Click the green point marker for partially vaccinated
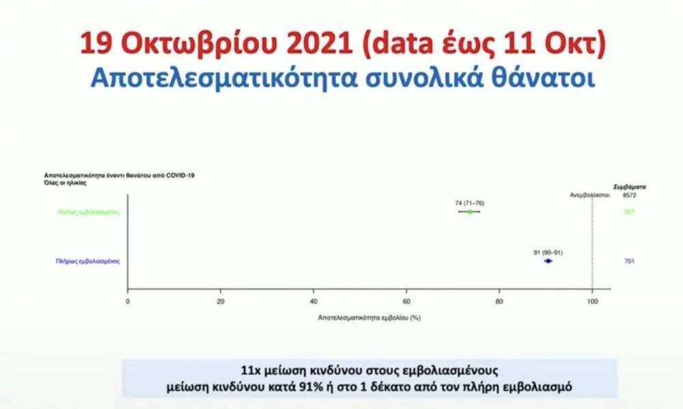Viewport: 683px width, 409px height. [469, 212]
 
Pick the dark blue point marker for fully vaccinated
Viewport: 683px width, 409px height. [548, 261]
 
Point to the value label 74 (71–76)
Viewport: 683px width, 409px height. [470, 203]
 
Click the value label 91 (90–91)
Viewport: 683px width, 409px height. [548, 252]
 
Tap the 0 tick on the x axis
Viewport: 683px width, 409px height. [128, 300]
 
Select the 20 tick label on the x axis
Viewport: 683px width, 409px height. [221, 300]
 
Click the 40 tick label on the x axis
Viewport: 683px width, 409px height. [313, 300]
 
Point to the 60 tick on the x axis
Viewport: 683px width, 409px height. [406, 300]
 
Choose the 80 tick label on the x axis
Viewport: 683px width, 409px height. [499, 300]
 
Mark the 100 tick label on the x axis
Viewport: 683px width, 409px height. [592, 300]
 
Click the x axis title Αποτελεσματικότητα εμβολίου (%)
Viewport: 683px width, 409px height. [369, 317]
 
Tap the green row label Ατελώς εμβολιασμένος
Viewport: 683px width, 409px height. [88, 212]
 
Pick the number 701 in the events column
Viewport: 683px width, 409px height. [629, 261]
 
